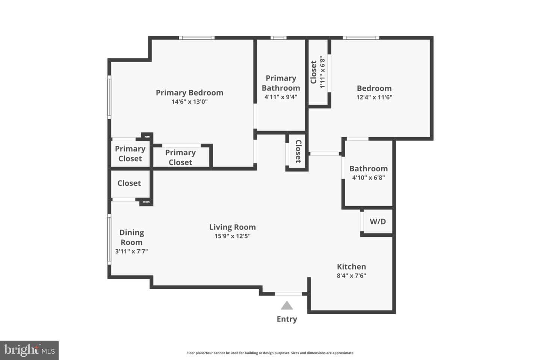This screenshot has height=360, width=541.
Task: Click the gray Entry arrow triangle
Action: click(287, 306)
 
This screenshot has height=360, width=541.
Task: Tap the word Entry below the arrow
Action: click(287, 319)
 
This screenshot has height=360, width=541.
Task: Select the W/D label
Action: click(378, 221)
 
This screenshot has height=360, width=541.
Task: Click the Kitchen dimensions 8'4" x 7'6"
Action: click(351, 275)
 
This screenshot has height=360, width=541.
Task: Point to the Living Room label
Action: click(232, 227)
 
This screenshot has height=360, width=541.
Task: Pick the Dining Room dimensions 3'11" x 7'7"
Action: click(131, 251)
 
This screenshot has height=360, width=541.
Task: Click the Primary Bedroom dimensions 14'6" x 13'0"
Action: click(190, 102)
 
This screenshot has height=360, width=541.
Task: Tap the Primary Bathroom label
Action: click(281, 83)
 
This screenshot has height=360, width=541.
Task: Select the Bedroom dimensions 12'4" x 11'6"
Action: click(374, 97)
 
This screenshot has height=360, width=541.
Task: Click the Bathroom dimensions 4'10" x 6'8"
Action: click(369, 177)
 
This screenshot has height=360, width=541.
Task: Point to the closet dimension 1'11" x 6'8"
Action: click(322, 72)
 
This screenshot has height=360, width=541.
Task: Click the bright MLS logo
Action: click(29, 350)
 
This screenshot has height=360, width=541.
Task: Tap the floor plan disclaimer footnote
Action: click(270, 353)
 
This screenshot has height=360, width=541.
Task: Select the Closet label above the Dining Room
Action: click(129, 183)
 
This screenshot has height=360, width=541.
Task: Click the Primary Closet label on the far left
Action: click(130, 154)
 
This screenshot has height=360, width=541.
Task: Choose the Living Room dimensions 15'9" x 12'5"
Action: click(232, 236)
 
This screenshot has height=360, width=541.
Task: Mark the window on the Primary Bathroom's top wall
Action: click(278, 37)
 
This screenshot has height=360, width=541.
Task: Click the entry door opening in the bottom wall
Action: click(289, 294)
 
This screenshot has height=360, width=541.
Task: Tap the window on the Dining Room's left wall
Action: click(109, 239)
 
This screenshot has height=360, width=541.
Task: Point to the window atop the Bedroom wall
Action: click(361, 37)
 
